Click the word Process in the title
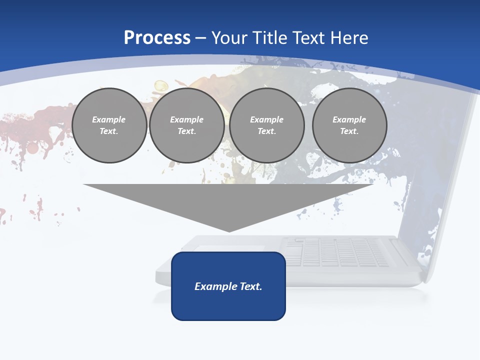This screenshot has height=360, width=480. coord(157,38)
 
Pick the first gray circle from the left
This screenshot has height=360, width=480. coord(109,125)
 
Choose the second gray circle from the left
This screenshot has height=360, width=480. coord(187,125)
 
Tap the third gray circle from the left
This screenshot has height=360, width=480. coord(266,125)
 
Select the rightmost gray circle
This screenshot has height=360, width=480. coord(349,125)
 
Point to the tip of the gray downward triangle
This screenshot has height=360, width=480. coord(229,231)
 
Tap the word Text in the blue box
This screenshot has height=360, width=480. coord(251,286)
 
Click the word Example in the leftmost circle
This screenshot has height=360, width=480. coord(109,119)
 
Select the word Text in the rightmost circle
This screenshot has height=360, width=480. coord(349,131)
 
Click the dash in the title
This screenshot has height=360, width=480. coord(200,38)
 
